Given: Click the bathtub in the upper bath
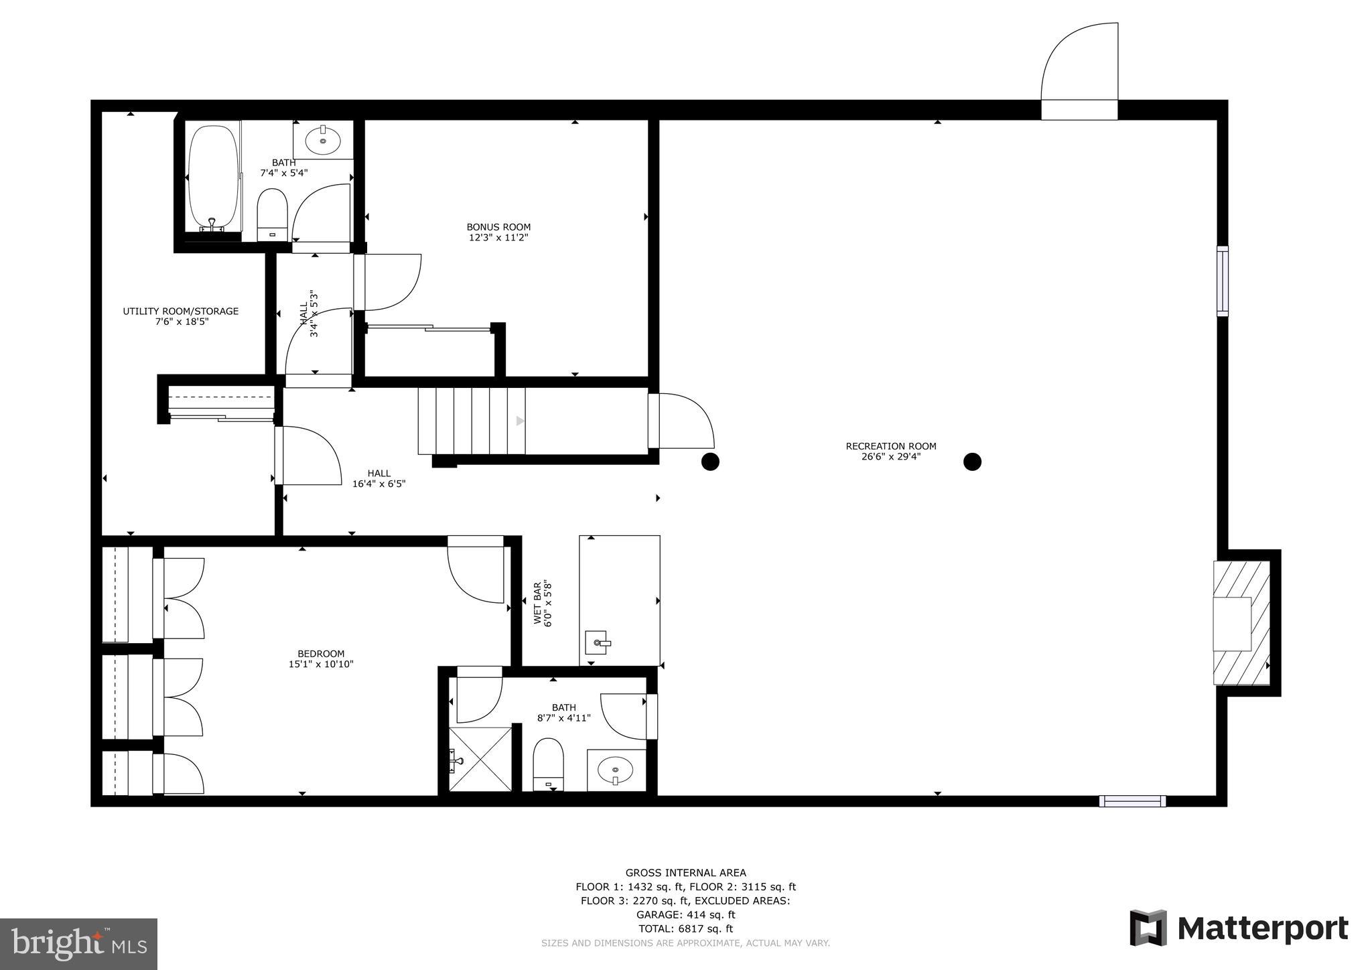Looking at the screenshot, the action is (x=212, y=177).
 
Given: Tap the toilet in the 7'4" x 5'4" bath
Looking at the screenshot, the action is (x=272, y=213).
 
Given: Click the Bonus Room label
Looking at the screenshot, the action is (x=498, y=227).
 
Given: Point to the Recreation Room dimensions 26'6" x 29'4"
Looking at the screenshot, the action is (x=891, y=457).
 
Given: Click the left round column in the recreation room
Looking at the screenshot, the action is (x=710, y=462).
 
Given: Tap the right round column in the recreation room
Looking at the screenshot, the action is (x=972, y=462).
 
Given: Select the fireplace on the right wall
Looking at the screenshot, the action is (x=1241, y=623).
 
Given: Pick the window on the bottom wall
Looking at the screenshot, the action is (x=1132, y=801).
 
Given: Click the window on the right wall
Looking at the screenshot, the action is (x=1223, y=281).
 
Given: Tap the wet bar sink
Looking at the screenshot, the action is (x=596, y=642).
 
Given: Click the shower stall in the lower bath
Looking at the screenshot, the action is (x=480, y=759).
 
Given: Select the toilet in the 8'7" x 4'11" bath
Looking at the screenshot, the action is (x=548, y=764).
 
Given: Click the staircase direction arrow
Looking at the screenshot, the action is (x=520, y=421).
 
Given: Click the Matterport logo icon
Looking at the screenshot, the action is (x=1148, y=928).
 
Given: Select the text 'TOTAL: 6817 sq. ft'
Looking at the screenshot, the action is (x=685, y=928).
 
